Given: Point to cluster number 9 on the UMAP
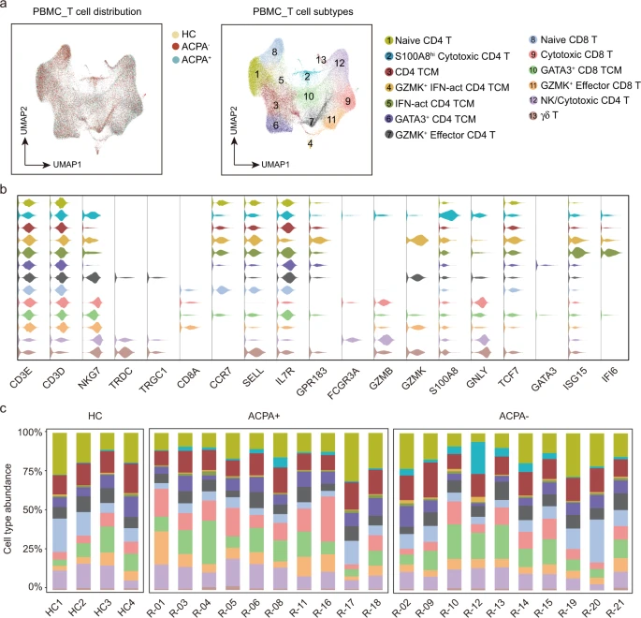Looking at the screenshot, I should [348, 100].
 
